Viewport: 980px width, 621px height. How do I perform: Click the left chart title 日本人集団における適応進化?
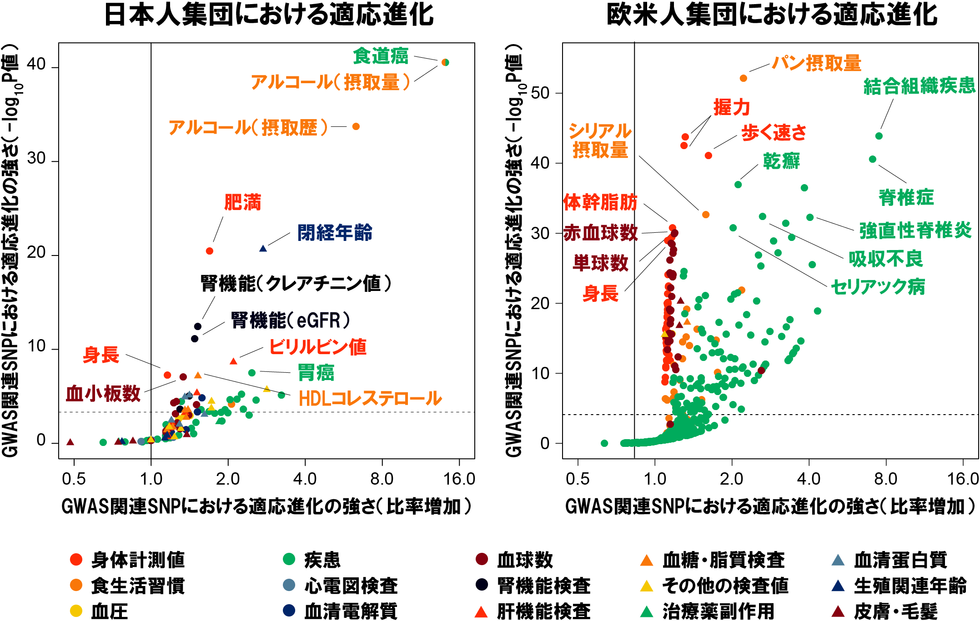coord(269,15)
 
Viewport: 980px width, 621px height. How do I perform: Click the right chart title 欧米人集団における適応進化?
coord(772,15)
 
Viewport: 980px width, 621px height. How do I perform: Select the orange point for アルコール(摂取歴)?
coord(356,126)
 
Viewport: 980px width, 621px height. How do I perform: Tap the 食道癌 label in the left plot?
coord(381,56)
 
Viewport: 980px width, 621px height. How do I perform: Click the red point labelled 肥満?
coord(210,251)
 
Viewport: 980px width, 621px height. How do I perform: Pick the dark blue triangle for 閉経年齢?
coord(263,249)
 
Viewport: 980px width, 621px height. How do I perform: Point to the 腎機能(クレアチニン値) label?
coord(296,284)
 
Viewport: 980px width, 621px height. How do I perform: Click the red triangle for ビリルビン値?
coord(233,361)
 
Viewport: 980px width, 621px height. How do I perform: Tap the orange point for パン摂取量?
coord(744,78)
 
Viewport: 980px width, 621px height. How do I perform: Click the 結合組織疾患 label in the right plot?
coord(920,86)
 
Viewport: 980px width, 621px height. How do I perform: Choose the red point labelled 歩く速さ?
coord(709,155)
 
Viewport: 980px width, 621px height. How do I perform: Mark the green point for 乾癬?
coord(738,185)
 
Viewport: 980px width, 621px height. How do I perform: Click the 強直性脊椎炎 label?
coord(915,230)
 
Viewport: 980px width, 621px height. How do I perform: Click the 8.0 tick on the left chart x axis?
coord(382,479)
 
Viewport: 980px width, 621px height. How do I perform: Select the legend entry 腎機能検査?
coord(543,586)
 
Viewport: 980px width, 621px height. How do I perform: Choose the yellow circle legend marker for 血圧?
coord(76,611)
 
